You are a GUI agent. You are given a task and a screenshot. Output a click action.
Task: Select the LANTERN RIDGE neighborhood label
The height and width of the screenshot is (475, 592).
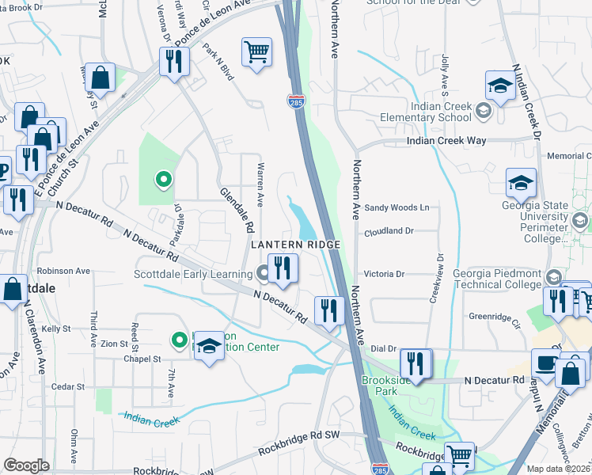point(295,245)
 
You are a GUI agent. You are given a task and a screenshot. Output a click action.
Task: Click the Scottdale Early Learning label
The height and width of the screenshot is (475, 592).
point(192,274)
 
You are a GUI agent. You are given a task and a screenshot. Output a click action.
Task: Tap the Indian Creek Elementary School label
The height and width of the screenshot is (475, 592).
point(441,112)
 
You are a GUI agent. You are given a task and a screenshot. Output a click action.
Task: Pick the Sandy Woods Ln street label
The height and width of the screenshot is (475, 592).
point(396,207)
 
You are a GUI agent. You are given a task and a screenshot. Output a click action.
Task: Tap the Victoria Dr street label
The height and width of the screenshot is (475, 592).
point(384,274)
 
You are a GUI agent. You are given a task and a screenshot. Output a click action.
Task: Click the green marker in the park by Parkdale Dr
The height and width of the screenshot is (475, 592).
point(164,179)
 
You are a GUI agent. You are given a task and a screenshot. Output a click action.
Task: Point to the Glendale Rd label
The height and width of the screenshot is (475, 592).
point(237,204)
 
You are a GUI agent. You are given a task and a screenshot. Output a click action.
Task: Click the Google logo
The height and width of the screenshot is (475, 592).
point(27,465)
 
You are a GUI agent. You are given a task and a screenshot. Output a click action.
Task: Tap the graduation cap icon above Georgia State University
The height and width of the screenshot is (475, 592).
point(521,183)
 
